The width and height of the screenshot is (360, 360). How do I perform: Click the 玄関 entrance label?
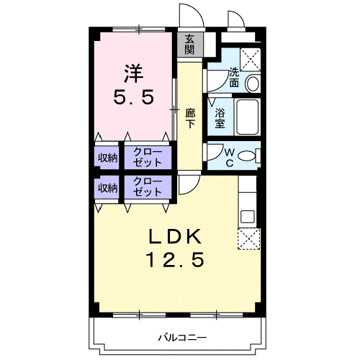190,44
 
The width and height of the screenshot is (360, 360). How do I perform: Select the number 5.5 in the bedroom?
132,97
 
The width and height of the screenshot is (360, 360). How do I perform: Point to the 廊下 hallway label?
190,117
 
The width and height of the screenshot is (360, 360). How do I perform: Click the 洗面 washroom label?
235,78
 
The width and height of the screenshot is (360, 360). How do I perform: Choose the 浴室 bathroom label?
220,117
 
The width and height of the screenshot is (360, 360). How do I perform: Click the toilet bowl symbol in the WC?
247,156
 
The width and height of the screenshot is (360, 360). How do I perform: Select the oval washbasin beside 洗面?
252,83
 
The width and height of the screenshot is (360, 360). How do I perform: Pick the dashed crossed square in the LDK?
248,240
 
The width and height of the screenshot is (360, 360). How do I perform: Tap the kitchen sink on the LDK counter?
248,215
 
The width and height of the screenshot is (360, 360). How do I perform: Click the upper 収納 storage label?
108,158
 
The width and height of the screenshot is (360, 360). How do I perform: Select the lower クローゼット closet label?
148,187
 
